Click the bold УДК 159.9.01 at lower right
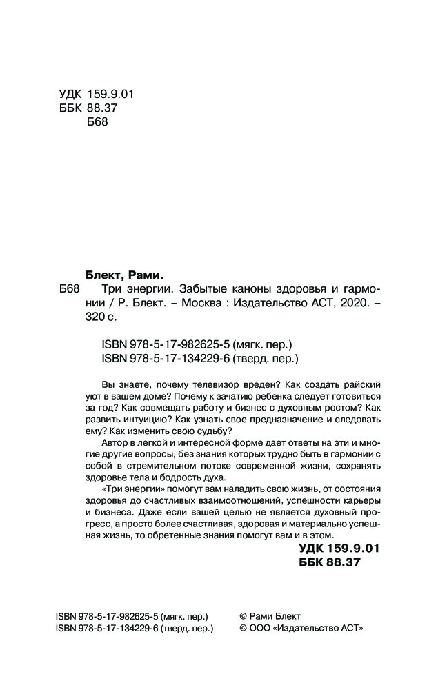[x=339, y=549]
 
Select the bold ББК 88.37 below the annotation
[x=330, y=564]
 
